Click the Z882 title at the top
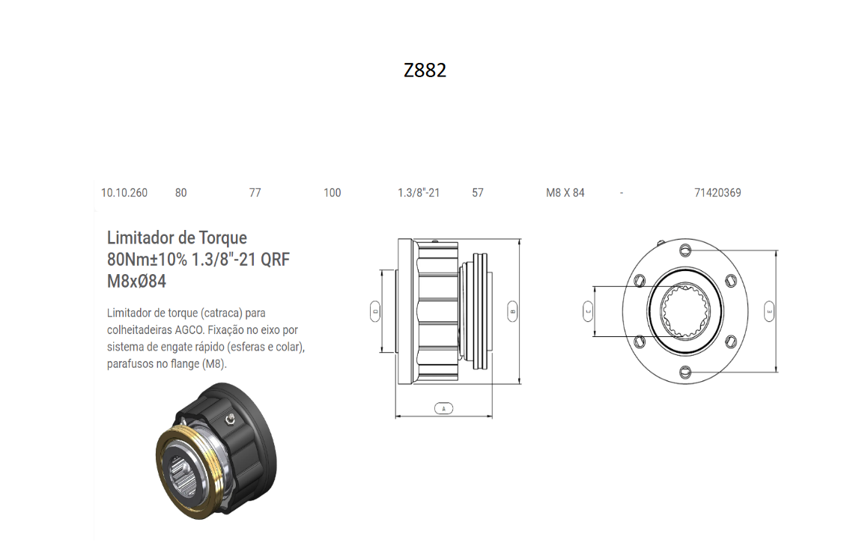[x=425, y=70]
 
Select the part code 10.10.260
[x=124, y=192]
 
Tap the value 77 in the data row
[x=255, y=192]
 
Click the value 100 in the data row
[x=332, y=192]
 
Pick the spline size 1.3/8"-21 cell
[x=418, y=192]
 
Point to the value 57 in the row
[x=478, y=192]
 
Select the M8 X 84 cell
[x=565, y=192]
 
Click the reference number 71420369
[x=717, y=192]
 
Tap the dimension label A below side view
[x=443, y=409]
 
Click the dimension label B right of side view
[x=512, y=310]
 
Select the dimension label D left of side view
[x=375, y=310]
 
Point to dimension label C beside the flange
[x=588, y=310]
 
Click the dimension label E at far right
[x=769, y=310]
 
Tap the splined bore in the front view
[x=684, y=311]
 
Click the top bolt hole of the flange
[x=684, y=249]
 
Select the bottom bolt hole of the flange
[x=684, y=371]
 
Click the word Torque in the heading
[x=222, y=238]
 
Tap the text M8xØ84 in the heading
[x=136, y=282]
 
